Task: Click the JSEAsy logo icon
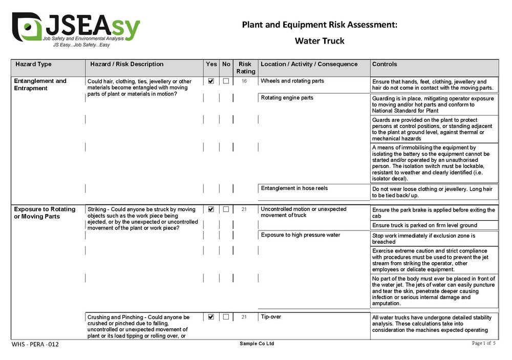[27, 27]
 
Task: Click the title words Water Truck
[319, 41]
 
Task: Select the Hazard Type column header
[34, 65]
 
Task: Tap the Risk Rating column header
[245, 68]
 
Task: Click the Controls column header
[385, 65]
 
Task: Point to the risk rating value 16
[245, 81]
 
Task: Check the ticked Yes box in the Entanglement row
[211, 81]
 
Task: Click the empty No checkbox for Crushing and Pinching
[226, 317]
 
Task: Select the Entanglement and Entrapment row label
[40, 84]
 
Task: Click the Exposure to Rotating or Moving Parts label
[45, 213]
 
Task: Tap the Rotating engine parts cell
[287, 98]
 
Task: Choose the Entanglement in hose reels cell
[294, 188]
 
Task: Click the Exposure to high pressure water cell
[301, 235]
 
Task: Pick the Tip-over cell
[271, 317]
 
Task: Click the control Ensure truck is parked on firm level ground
[424, 225]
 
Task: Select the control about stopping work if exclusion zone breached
[423, 239]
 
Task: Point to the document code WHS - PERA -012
[35, 344]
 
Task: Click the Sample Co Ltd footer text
[257, 344]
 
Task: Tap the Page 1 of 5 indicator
[483, 343]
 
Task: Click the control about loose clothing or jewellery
[432, 192]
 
